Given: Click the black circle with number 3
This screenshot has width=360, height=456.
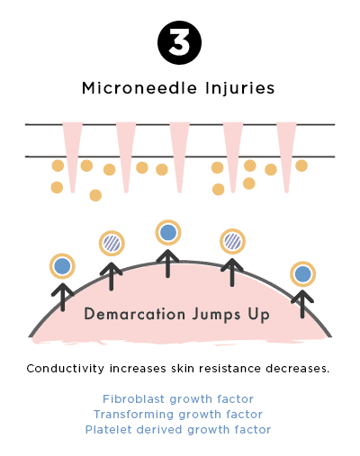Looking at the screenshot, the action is [179, 42].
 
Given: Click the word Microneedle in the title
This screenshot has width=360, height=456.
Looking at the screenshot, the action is [139, 88].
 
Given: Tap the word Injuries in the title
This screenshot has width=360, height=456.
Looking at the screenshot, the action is [240, 89].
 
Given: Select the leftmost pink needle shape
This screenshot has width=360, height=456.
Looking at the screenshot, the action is [72, 157].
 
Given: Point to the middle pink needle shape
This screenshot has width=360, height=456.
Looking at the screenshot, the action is [179, 157].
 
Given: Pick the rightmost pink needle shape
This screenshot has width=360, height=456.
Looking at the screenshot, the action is [286, 157].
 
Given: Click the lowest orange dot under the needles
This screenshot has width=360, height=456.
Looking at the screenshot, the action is [95, 195].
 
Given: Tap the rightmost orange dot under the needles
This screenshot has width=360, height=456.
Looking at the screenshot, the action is [301, 165].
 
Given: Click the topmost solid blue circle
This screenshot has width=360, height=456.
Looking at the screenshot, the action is [168, 233].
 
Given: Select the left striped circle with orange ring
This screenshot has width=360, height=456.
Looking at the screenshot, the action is [112, 243].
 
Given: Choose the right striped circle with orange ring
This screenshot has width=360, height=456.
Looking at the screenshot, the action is [232, 241].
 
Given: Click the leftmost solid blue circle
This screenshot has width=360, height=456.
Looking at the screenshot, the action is [62, 266].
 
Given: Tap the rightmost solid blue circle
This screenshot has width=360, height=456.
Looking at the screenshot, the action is [303, 274].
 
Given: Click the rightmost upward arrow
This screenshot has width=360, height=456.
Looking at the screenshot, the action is [302, 304].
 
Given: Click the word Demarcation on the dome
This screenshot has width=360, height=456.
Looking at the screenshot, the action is [135, 314].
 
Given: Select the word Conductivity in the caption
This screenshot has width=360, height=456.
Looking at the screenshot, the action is [66, 368].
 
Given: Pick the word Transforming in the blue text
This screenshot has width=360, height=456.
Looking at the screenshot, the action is [133, 415].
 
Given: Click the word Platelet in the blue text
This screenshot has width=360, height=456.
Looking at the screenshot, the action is [109, 429].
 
